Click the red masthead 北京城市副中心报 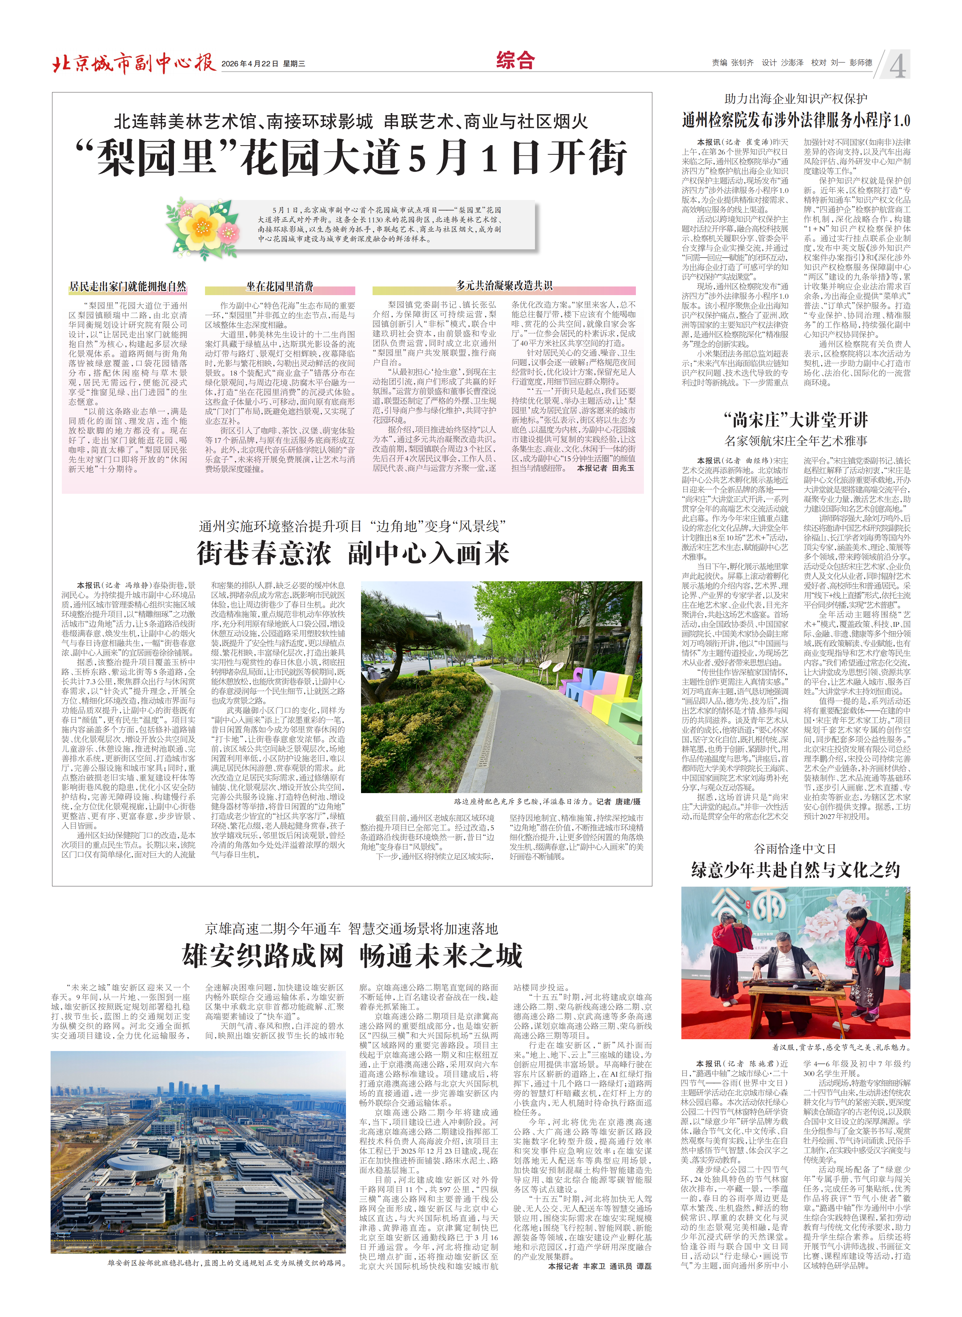134,62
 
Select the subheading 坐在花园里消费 280,286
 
